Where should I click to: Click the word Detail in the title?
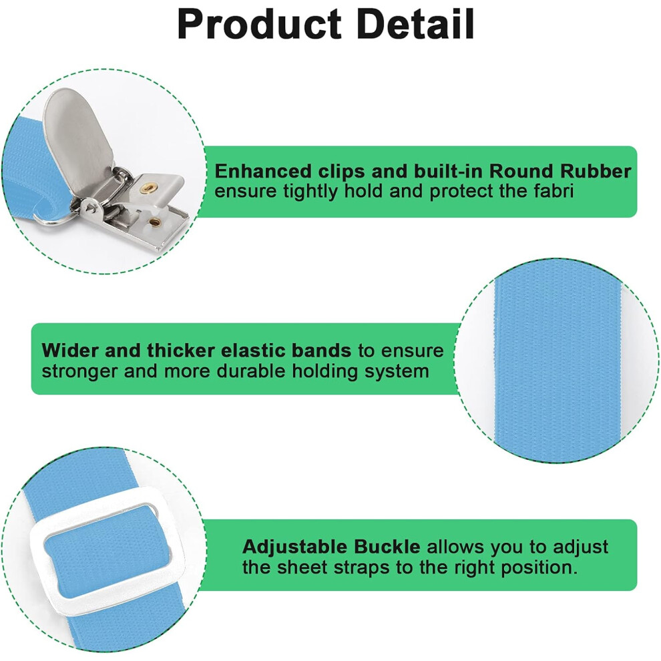[416, 24]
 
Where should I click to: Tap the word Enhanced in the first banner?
[263, 171]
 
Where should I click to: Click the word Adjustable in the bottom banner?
[295, 547]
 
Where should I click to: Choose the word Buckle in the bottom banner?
[387, 547]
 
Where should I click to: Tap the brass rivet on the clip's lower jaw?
[155, 221]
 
